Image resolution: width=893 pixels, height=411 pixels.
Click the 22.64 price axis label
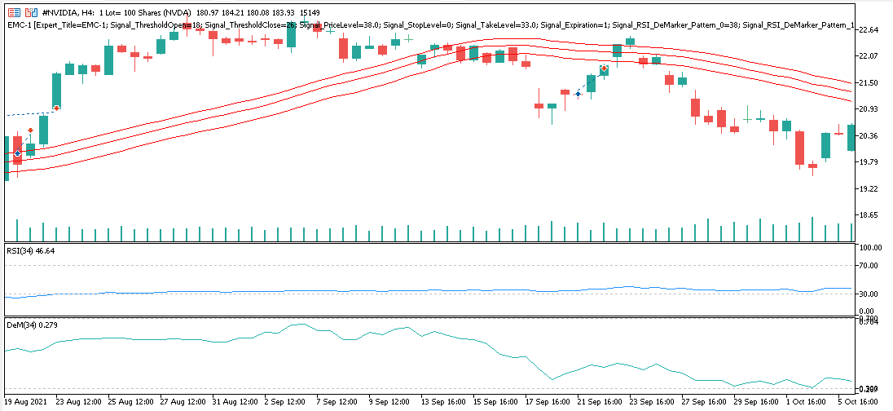(869, 30)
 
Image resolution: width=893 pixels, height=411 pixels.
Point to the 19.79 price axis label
(869, 162)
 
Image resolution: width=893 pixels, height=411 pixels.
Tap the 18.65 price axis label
(869, 215)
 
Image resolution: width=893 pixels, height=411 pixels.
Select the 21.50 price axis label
(869, 83)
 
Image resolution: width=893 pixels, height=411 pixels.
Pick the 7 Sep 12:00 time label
(335, 402)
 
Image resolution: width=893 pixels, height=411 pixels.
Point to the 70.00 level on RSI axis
(869, 266)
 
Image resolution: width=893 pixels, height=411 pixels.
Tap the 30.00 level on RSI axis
(869, 294)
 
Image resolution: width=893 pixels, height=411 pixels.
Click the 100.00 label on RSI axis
(871, 248)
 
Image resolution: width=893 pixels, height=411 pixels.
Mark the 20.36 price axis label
(869, 136)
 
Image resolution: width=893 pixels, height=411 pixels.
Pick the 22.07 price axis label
(869, 56)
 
